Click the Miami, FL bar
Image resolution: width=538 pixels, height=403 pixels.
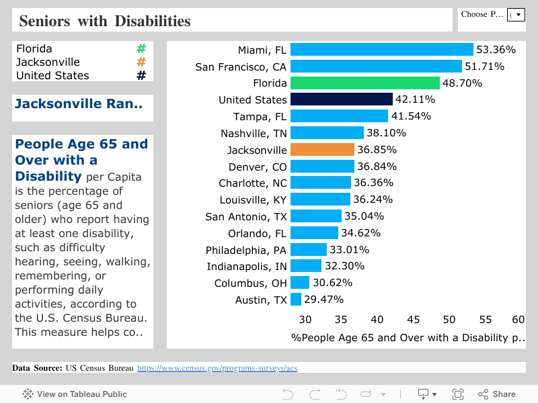tap(381, 50)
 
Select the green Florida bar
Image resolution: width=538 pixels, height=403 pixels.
tap(364, 83)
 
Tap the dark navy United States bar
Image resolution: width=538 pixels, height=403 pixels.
tap(341, 99)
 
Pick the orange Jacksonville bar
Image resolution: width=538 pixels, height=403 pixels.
tap(322, 150)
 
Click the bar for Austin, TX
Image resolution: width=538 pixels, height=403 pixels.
tap(296, 300)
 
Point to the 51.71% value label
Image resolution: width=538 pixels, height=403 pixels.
tap(484, 66)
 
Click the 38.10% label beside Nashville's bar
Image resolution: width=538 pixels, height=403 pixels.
tap(386, 133)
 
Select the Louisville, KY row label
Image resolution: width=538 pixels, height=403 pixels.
tap(253, 199)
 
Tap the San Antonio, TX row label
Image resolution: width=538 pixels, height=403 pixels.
tap(246, 216)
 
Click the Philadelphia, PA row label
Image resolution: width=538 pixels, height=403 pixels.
tap(246, 250)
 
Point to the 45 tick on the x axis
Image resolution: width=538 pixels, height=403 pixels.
tap(414, 320)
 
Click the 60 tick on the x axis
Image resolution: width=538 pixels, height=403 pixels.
tap(518, 320)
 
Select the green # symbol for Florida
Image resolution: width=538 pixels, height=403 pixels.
tap(141, 49)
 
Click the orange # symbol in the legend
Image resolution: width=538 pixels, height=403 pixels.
tap(141, 62)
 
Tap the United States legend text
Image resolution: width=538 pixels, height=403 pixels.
tap(52, 76)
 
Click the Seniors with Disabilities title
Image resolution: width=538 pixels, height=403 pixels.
tap(105, 21)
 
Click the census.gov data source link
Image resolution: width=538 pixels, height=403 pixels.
tap(217, 368)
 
